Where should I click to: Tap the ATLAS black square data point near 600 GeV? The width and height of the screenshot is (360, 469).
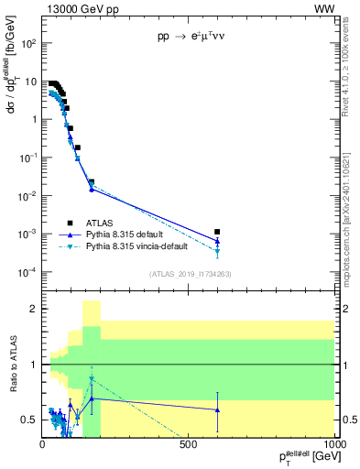tap(217, 232)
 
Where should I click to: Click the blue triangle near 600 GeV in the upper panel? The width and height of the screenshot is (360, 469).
tap(217, 241)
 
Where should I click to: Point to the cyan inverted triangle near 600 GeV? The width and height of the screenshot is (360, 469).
tap(217, 251)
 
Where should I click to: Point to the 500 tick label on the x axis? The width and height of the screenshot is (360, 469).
tap(189, 444)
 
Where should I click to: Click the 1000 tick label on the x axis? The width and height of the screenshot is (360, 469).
tap(333, 444)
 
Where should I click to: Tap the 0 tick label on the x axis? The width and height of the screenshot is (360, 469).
tap(42, 444)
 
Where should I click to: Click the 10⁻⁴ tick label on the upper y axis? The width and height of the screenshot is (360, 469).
tap(28, 272)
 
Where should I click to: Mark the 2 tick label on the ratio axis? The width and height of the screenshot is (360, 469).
tap(33, 309)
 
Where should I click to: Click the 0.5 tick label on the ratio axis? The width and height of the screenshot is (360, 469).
tap(29, 420)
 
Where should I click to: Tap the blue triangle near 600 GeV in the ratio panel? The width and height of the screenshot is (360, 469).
tap(217, 409)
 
